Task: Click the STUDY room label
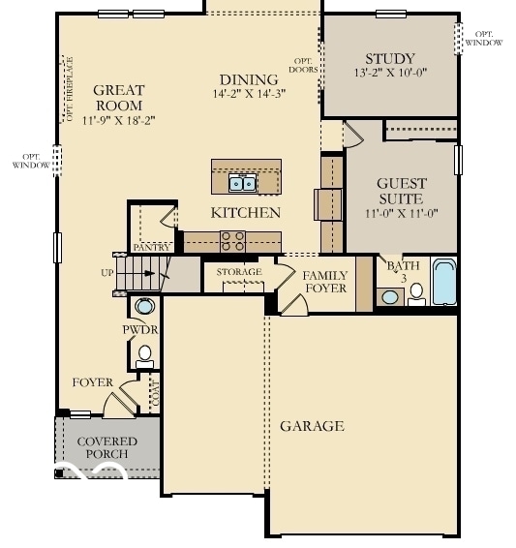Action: point(390,59)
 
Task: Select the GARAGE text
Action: point(312,426)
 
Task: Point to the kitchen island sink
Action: point(242,182)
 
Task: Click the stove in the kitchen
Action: point(232,241)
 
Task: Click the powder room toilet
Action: point(145,354)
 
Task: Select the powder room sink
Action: point(144,307)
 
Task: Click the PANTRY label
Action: point(152,248)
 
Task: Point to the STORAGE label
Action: point(239,272)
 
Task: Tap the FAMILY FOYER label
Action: point(325,282)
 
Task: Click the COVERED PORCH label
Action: point(106,447)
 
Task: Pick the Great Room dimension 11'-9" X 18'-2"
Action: point(118,120)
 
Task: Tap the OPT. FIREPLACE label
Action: point(68,89)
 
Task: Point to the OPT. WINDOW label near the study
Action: point(484,38)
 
